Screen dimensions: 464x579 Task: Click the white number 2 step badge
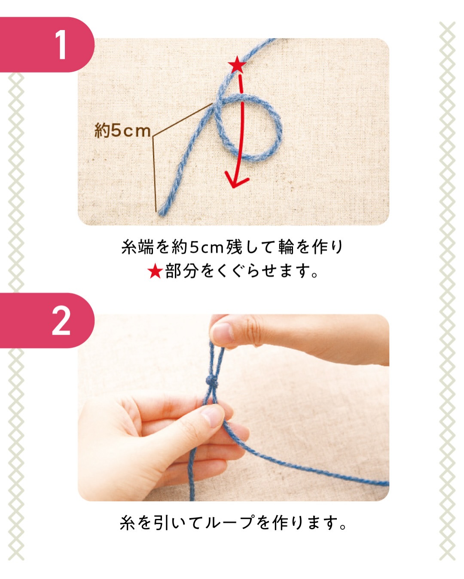click(61, 321)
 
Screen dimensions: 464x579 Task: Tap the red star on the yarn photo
click(237, 65)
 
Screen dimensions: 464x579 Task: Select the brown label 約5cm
click(122, 131)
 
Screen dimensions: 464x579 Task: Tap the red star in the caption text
click(155, 271)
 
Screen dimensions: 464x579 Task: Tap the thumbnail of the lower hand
click(213, 417)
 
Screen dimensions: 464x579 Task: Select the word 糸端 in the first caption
click(137, 247)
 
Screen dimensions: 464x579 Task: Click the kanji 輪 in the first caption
click(286, 247)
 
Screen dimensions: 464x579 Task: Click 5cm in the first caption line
click(207, 247)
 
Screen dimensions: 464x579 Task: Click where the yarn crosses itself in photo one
click(219, 102)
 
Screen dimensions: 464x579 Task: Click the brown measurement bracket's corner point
click(153, 136)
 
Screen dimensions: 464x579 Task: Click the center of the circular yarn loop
click(249, 128)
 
